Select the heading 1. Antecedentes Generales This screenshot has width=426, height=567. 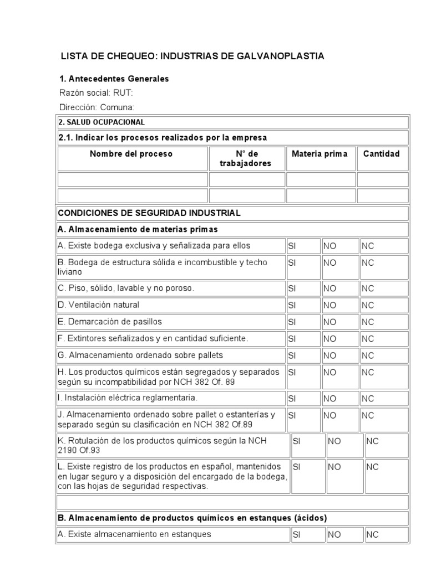114,79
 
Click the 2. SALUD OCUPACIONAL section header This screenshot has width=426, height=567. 102,122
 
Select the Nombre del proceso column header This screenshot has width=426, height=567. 131,154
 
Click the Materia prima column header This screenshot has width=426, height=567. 319,154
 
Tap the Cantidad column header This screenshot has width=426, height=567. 381,154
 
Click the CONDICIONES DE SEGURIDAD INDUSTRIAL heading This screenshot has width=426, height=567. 150,213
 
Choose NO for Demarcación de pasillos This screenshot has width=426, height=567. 330,322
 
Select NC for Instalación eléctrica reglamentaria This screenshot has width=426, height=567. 367,398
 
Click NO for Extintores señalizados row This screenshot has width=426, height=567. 330,338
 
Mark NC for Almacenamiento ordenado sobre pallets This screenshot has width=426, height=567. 367,355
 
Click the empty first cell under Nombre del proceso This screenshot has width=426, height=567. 133,179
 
